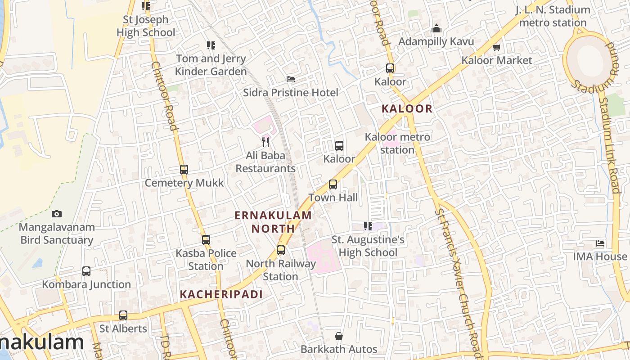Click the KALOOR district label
click(x=407, y=108)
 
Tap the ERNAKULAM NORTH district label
click(x=273, y=222)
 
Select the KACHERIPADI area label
click(x=221, y=295)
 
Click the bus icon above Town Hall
click(x=333, y=184)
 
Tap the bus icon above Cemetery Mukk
click(x=184, y=170)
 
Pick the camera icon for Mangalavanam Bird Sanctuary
click(x=57, y=214)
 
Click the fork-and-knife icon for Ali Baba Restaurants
click(x=265, y=143)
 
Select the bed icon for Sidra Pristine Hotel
click(x=291, y=79)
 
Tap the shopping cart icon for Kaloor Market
click(x=496, y=47)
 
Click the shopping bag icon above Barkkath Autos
click(x=339, y=336)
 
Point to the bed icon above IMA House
click(x=600, y=243)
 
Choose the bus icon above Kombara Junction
click(x=86, y=271)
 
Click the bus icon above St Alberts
click(x=123, y=315)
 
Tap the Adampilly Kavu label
click(x=436, y=42)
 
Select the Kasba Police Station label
click(x=206, y=260)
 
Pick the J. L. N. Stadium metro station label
click(x=553, y=16)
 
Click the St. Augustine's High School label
click(x=368, y=246)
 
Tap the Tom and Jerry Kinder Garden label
click(x=211, y=65)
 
